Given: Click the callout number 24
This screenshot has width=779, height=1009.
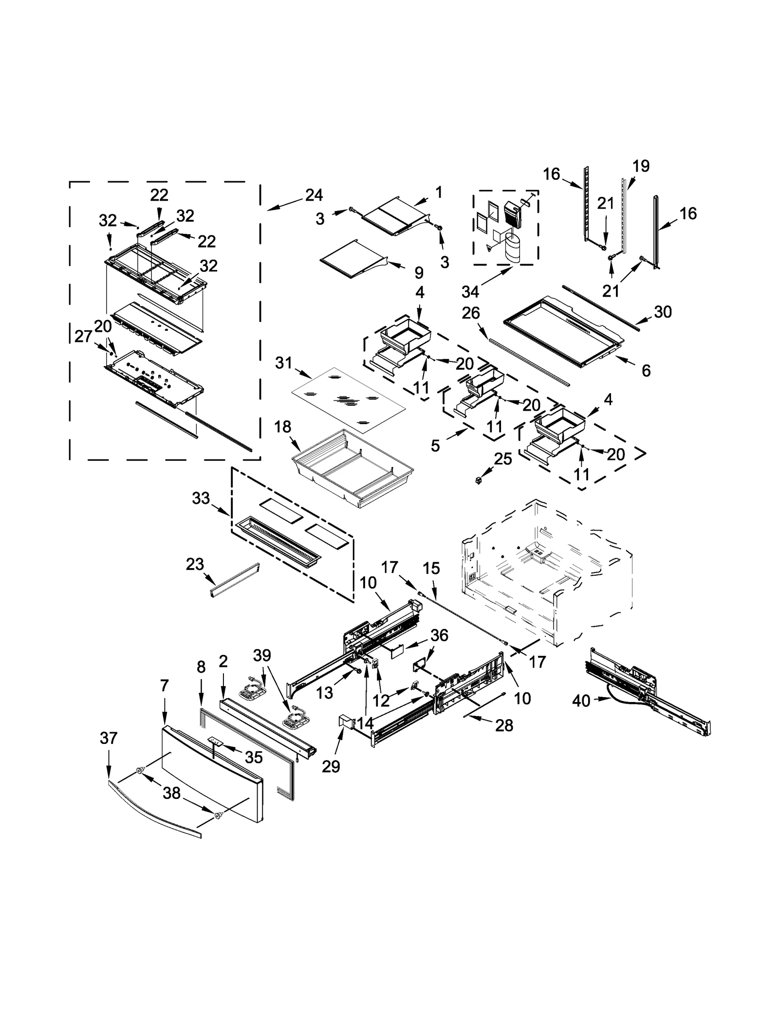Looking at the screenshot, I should tap(314, 195).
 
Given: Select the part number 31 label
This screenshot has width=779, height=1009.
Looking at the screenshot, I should tap(283, 362).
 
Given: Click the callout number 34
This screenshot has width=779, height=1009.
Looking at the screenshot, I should tap(470, 292).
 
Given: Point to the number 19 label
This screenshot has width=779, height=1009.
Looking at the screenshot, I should tap(641, 166).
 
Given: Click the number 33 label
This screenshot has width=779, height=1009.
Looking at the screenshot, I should tap(201, 498).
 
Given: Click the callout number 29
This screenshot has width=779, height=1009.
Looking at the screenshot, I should tap(331, 766).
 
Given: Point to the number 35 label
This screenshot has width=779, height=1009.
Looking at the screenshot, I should tap(254, 757).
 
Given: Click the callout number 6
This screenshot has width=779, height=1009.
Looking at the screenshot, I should tap(646, 370).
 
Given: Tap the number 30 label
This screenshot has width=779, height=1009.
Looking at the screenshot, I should tap(663, 311).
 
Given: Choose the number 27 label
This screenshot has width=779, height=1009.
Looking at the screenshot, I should tap(83, 336).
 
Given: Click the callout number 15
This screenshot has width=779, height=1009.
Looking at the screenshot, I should tap(431, 568).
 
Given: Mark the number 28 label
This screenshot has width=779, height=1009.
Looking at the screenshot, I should tap(504, 725).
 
